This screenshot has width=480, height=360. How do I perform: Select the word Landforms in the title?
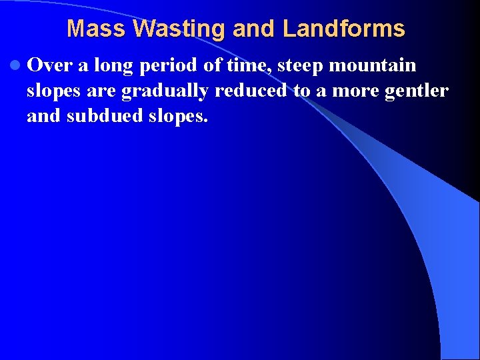coord(343,29)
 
